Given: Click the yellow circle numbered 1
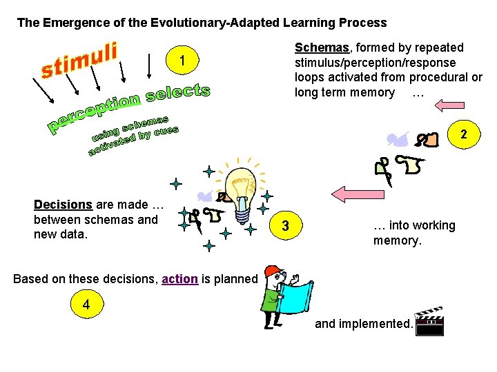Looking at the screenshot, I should point(182,62).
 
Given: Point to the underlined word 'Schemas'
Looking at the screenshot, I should point(322,48).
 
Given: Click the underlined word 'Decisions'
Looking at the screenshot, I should point(63,204).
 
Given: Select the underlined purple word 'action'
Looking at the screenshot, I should point(179,279).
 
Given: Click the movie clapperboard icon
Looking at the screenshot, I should point(431,321).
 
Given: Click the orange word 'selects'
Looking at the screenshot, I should point(177,94).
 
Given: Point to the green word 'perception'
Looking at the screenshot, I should point(93,111).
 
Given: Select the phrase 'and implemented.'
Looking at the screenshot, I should point(364,323).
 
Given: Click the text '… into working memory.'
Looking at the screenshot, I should point(413,233).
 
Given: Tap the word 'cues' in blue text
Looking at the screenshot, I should point(166,131).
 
